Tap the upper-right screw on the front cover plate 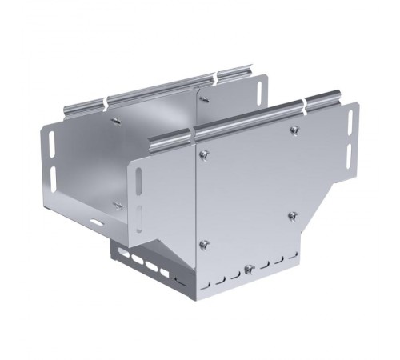[294, 130]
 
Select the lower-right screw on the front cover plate [293, 215]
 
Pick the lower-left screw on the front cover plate [205, 244]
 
